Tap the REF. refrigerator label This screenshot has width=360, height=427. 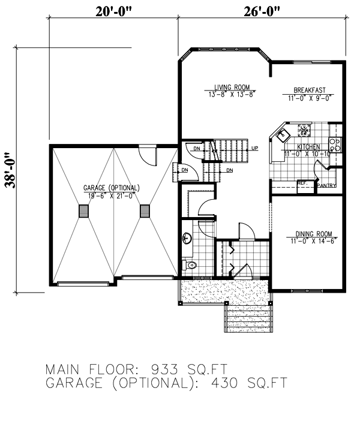coord(302,182)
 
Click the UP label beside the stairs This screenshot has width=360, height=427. coord(255,148)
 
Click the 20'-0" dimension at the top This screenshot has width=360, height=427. coord(113,10)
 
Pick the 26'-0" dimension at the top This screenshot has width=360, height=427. coord(262,10)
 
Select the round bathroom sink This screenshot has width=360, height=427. coord(187,237)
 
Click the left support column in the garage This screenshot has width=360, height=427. coord(83,211)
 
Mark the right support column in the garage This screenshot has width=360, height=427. coord(144,211)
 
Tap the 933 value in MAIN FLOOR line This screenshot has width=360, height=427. coord(163,368)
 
